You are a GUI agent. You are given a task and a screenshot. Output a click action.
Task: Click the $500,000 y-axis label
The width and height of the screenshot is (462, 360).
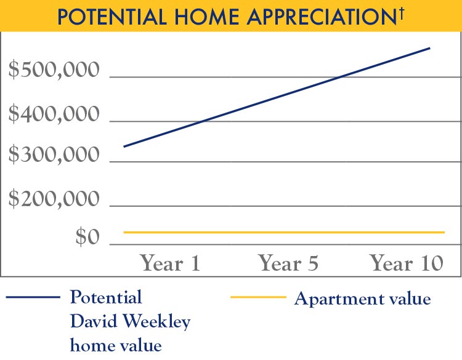point(54,71)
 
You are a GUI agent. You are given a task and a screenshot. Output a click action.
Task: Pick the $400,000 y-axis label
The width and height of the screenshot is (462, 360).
point(54,114)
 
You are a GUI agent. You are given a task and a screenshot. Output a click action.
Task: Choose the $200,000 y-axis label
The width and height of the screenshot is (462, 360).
point(54,199)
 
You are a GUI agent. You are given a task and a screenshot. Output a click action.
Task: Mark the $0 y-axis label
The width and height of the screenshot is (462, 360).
point(87,238)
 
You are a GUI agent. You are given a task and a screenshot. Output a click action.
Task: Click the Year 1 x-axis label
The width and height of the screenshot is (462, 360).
point(171,263)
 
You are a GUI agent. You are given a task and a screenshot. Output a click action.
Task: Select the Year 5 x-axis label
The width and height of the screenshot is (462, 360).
point(288,263)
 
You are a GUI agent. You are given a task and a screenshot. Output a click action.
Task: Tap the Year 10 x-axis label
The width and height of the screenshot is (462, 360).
point(407,263)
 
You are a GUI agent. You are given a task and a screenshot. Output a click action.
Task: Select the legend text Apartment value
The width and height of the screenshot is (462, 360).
point(362,300)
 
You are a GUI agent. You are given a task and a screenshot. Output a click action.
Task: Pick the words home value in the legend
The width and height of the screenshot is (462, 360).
point(116,345)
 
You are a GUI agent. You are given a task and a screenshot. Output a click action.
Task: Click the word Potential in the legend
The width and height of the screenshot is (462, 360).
point(106,298)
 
